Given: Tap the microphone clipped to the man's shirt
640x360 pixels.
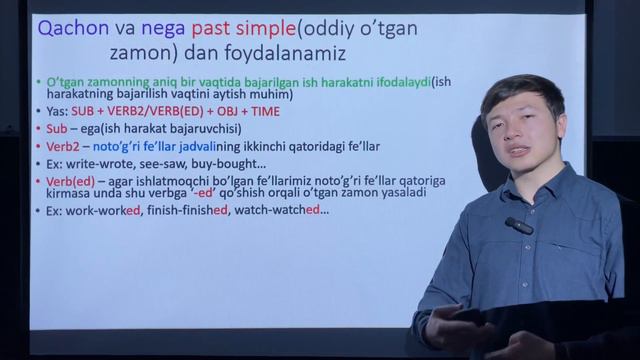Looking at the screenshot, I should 518,226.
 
